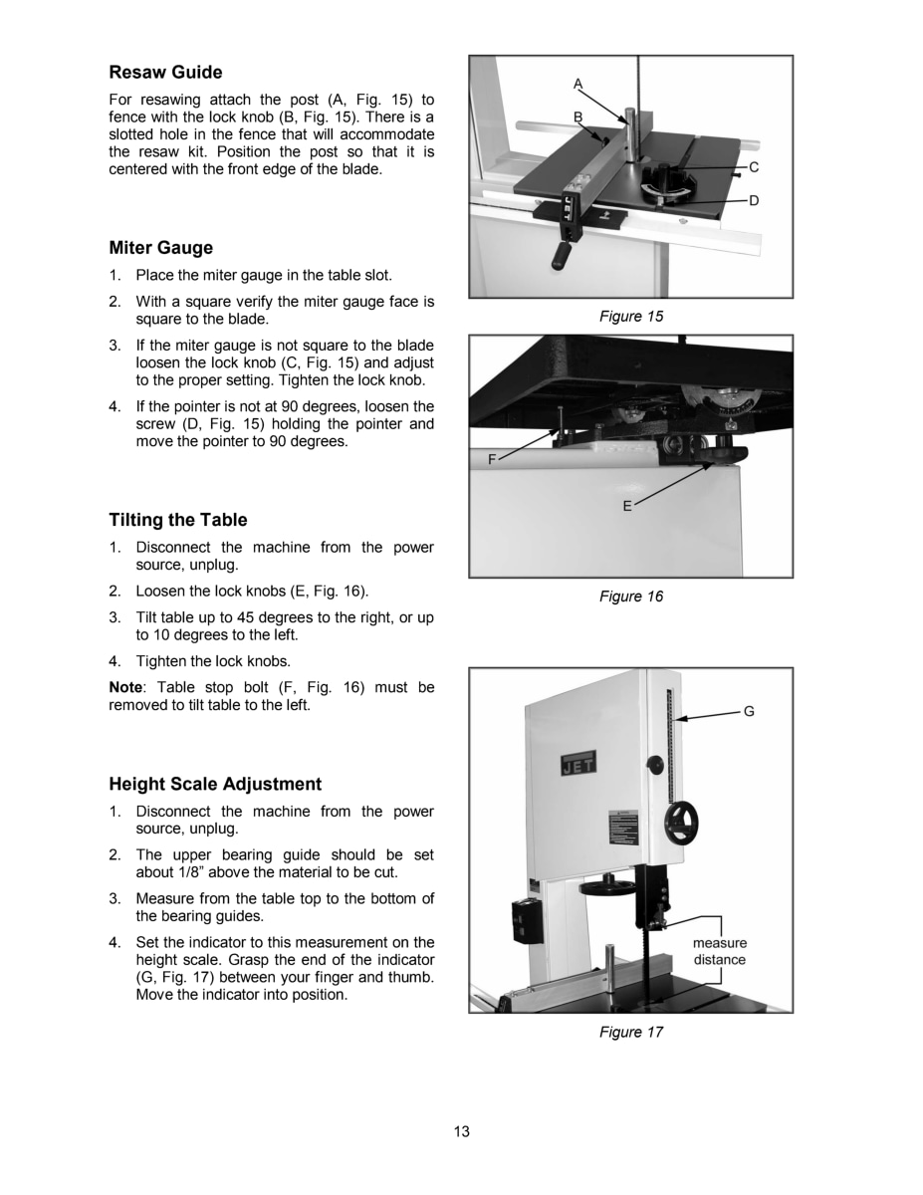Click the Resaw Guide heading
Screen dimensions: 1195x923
coord(165,73)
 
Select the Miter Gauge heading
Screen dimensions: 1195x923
coord(160,248)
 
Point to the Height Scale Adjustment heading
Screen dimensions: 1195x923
coord(215,784)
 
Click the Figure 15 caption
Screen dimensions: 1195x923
coord(630,316)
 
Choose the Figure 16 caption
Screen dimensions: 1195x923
coord(630,596)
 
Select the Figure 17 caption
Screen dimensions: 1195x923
coord(630,1032)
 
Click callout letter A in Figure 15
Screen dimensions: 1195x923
coord(577,84)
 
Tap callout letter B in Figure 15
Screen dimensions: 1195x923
coord(577,117)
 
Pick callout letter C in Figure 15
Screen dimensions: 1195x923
coord(754,167)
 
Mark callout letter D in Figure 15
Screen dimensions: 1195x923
coord(754,200)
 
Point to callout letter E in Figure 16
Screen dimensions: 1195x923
coord(627,506)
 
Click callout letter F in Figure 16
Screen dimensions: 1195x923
coord(492,459)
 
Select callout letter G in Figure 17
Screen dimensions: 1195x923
coord(749,711)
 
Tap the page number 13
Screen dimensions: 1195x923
coord(462,1131)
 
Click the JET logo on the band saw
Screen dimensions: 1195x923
coord(579,765)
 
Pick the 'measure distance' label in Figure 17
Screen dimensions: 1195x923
coord(719,951)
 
